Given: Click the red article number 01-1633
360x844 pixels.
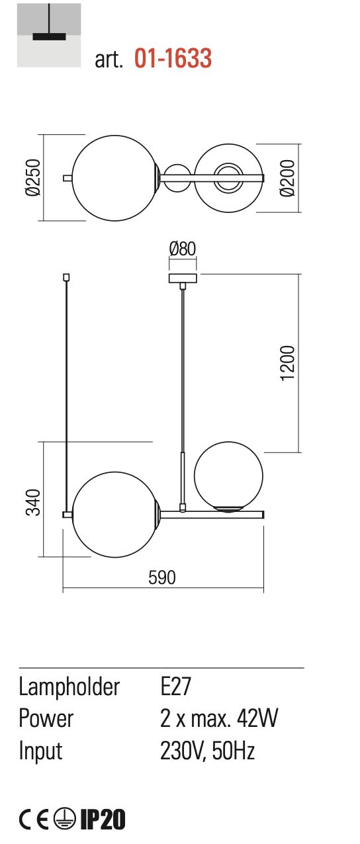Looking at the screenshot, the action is point(173,58).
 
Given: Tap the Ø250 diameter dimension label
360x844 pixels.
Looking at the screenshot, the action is point(33,177).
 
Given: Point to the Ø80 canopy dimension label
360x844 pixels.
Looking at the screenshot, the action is point(183,249).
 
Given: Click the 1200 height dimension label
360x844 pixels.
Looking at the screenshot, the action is point(287,363).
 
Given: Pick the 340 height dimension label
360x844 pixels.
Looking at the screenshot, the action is point(33,502).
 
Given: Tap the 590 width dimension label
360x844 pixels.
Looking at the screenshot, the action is point(162,577).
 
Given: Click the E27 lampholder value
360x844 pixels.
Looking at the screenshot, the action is point(175,686).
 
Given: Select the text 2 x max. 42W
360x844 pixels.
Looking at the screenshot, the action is point(219,718).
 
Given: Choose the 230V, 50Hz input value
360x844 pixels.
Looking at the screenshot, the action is point(207,750).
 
